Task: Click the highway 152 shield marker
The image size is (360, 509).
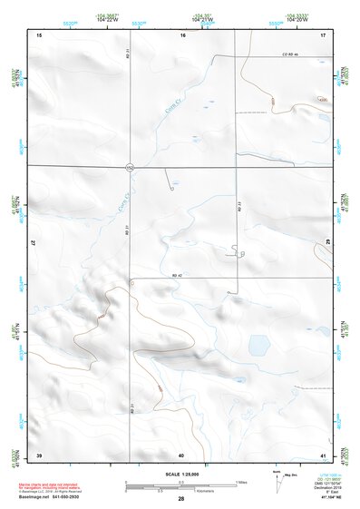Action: pyautogui.click(x=130, y=167)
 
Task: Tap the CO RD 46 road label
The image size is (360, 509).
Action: pyautogui.click(x=289, y=55)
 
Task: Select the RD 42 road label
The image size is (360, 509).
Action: pyautogui.click(x=179, y=274)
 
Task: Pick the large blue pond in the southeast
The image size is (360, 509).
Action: pyautogui.click(x=258, y=346)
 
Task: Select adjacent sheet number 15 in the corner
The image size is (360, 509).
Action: pyautogui.click(x=39, y=34)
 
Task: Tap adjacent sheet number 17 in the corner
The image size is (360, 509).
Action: pyautogui.click(x=323, y=34)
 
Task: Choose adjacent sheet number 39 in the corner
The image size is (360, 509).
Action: pyautogui.click(x=39, y=454)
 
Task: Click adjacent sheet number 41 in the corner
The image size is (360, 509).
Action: pyautogui.click(x=322, y=454)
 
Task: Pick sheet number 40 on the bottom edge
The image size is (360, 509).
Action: pyautogui.click(x=181, y=454)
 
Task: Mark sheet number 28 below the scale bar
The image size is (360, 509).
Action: pyautogui.click(x=181, y=499)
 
